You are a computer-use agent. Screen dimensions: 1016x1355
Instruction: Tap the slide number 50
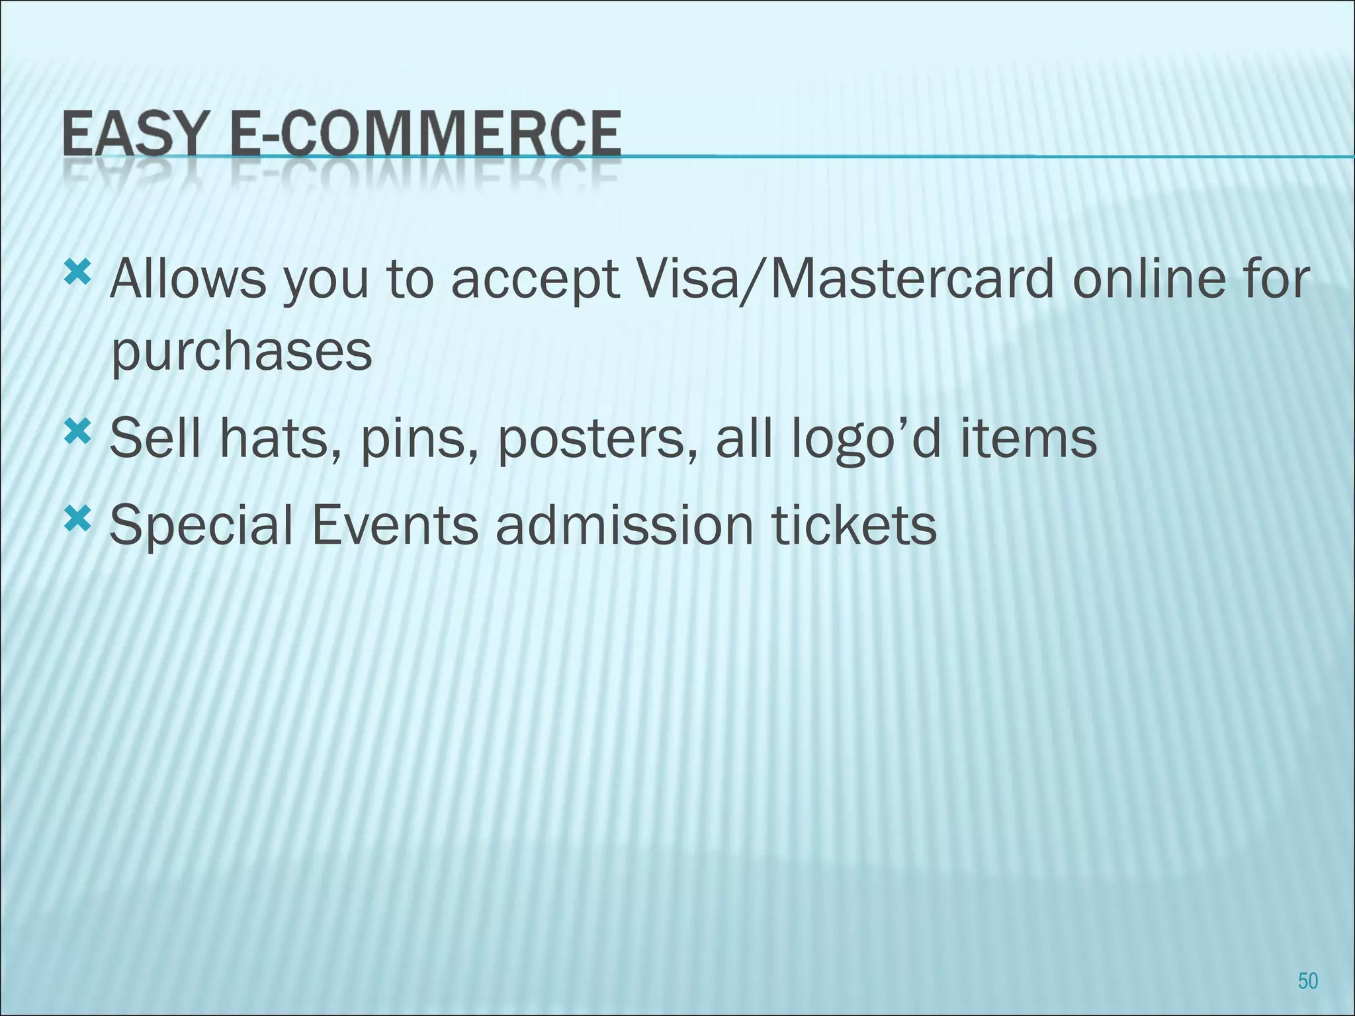pyautogui.click(x=1308, y=980)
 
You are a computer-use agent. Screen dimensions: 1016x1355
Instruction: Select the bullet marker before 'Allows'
pyautogui.click(x=77, y=272)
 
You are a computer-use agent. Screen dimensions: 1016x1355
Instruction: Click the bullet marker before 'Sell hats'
pyautogui.click(x=77, y=433)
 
